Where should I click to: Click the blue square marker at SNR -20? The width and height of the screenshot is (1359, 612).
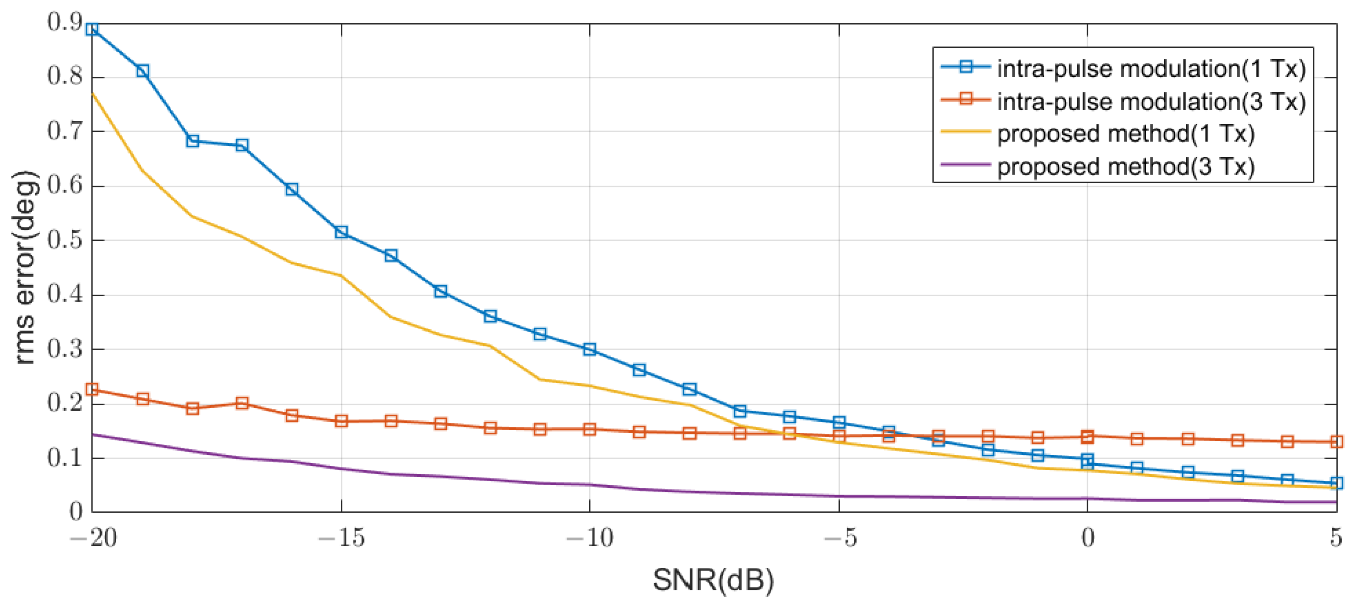pos(92,29)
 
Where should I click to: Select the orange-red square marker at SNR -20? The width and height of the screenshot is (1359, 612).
pos(92,390)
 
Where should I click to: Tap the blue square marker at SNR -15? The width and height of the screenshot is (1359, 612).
pos(341,232)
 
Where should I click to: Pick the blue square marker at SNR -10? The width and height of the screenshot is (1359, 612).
pos(590,349)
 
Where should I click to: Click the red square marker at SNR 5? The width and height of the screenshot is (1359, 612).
pos(1336,442)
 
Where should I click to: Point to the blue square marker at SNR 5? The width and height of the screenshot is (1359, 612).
pos(1336,483)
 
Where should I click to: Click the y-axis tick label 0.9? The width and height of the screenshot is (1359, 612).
pos(65,22)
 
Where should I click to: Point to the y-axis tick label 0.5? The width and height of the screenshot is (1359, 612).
pos(65,240)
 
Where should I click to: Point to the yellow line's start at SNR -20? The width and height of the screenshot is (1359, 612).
pos(93,93)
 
